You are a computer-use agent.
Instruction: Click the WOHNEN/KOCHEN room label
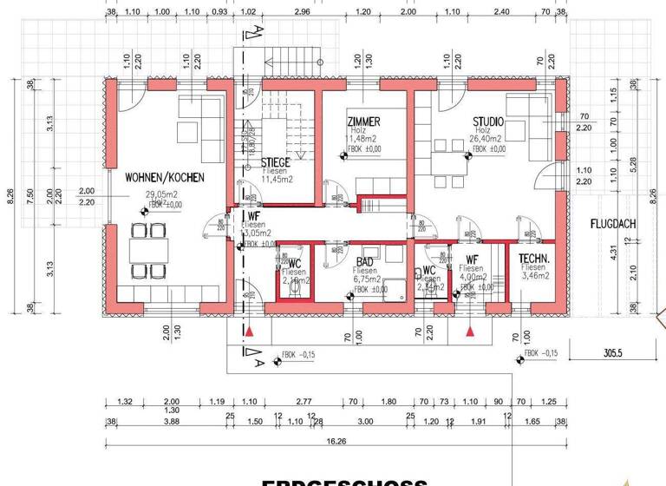164,177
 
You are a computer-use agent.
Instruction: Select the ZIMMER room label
363,121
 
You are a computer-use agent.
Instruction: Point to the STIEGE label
275,162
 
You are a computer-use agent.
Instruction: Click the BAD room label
365,259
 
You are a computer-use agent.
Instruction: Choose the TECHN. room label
532,259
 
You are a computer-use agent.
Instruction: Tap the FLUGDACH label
613,223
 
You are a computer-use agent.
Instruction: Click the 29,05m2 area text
162,195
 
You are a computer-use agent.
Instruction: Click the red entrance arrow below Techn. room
470,331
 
